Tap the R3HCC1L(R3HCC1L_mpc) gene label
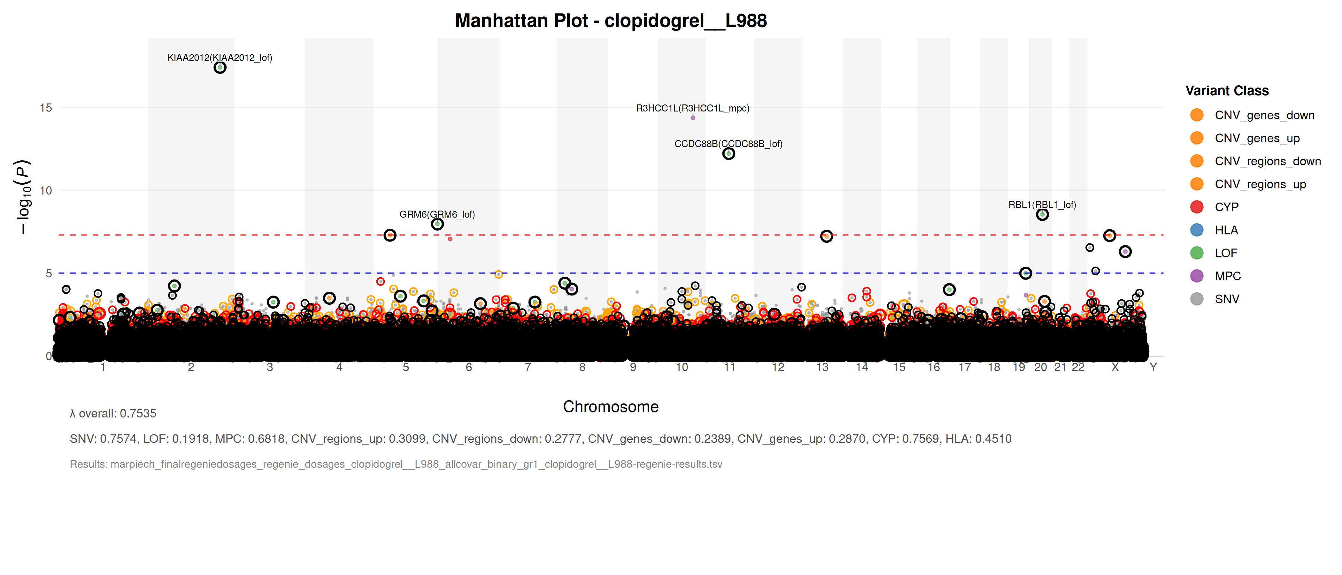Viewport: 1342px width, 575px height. [692, 108]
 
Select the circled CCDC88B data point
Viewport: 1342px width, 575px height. [728, 154]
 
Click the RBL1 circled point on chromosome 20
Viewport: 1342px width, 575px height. [1042, 215]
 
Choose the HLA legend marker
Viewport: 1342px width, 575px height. [1197, 230]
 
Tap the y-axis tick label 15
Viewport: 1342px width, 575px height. [46, 108]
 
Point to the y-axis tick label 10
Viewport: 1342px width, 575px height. [46, 191]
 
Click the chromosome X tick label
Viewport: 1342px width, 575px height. [1115, 367]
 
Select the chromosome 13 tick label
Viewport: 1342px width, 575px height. [822, 367]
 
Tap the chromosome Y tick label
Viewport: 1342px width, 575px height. [1153, 367]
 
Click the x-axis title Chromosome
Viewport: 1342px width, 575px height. [611, 407]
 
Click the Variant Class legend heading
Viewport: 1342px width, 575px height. [1227, 91]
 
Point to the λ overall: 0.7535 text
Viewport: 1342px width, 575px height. [113, 414]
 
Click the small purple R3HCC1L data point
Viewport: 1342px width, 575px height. [693, 118]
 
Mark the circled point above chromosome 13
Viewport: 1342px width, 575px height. [826, 236]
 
